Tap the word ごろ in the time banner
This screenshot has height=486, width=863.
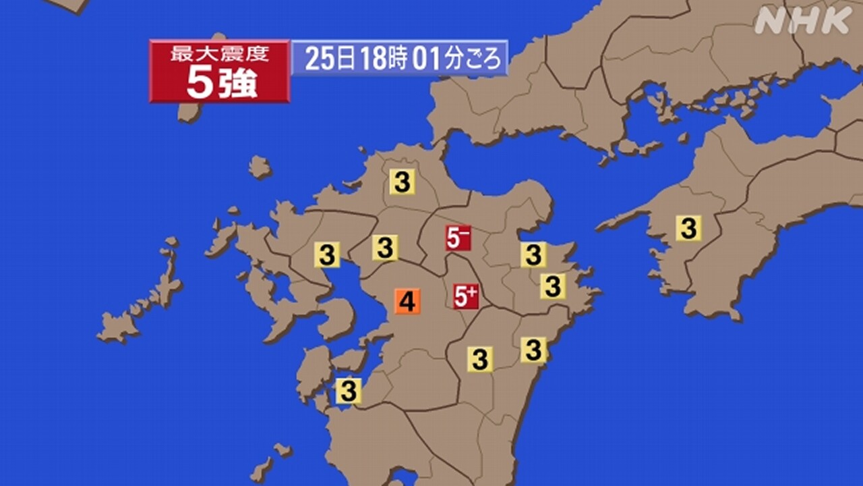[483, 59]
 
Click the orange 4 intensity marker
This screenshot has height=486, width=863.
[407, 301]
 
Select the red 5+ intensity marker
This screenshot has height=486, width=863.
[466, 296]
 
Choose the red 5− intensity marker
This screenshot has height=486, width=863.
[458, 238]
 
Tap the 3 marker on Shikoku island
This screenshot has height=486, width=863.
[688, 228]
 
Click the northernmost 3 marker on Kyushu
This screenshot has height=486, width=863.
[402, 182]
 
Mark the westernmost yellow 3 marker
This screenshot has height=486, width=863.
[327, 255]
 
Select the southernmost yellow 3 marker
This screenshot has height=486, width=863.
[349, 391]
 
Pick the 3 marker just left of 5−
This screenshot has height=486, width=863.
[385, 248]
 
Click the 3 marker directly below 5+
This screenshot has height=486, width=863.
[480, 359]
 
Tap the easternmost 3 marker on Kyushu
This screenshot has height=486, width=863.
[552, 286]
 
